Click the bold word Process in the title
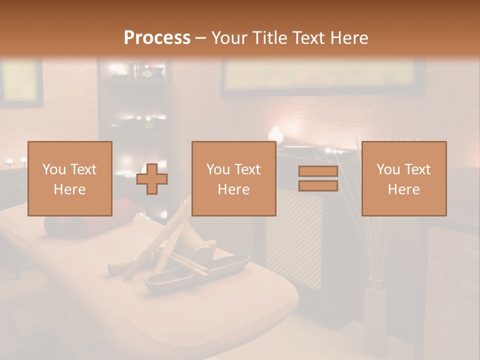pos(157,38)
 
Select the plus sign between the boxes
pos(152,178)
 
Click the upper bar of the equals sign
pos(318,171)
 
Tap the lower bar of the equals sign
pos(318,185)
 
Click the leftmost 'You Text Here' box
pos(70,178)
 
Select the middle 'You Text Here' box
pos(233,178)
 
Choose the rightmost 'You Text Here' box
pos(403,178)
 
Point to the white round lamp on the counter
pos(275,134)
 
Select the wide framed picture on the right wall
pos(320,77)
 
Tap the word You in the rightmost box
pos(387,169)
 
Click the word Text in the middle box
pos(247,169)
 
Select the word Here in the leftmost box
pos(70,189)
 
